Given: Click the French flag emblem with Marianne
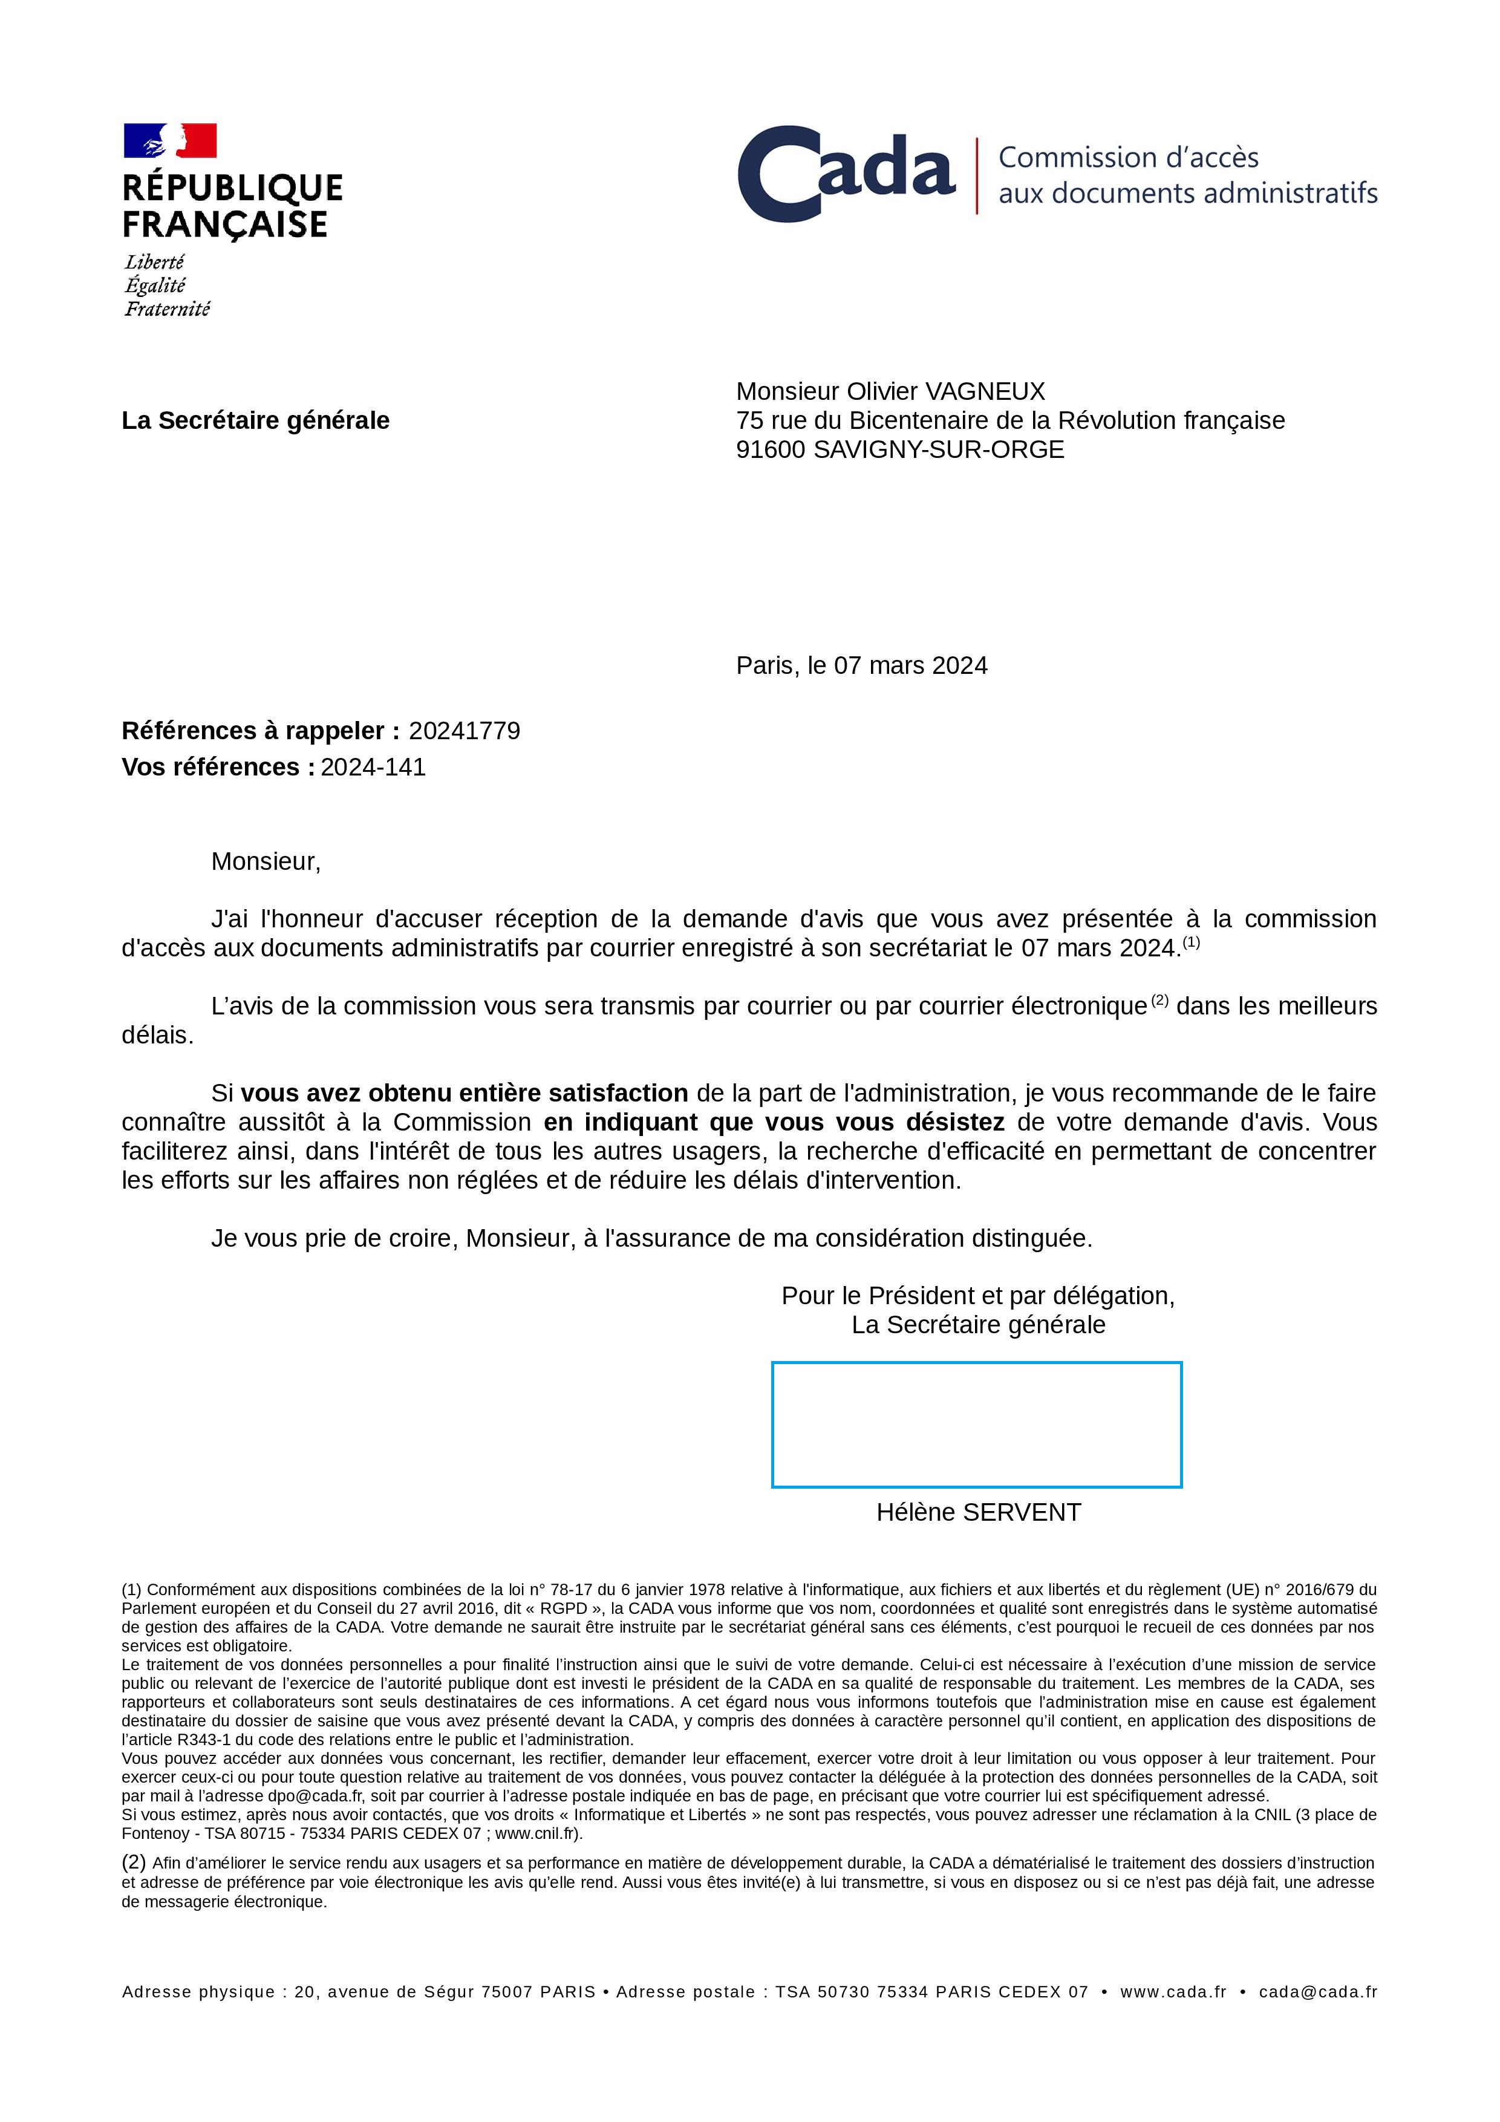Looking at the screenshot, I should (x=170, y=140).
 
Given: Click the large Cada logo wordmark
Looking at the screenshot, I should (x=846, y=174).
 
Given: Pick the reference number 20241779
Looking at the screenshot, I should (x=464, y=731).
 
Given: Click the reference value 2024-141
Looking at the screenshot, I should (x=373, y=767).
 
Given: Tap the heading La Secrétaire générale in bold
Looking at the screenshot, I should (x=255, y=420).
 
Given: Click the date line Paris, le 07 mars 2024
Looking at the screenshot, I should (x=861, y=665).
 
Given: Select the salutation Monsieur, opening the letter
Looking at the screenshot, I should (x=266, y=861).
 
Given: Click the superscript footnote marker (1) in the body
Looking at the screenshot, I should (x=1192, y=942).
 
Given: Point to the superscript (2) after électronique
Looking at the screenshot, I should (x=1160, y=1000).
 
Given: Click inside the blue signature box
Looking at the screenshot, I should (x=976, y=1424).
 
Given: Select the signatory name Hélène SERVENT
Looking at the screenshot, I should (x=978, y=1512).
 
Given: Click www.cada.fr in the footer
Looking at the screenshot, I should (x=1172, y=1992).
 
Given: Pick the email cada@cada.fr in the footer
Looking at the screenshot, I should (x=1317, y=1992).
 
